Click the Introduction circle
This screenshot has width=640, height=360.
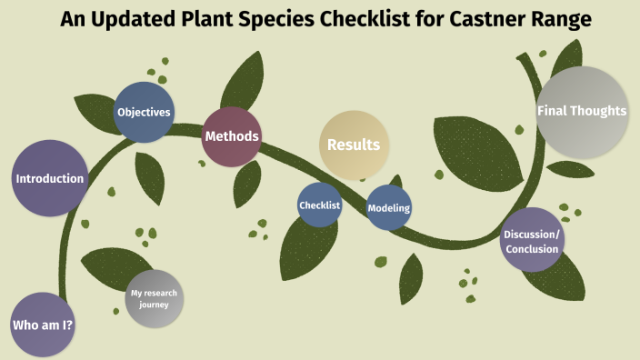point(50,178)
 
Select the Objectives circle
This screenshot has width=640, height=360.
point(144,113)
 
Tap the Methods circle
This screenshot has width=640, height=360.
point(232,136)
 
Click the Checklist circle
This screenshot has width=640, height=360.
point(319,205)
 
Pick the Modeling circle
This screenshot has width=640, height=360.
point(388,207)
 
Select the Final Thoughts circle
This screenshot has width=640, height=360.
point(582,112)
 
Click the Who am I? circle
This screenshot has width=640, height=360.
point(42,325)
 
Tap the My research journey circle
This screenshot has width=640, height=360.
point(154,299)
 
